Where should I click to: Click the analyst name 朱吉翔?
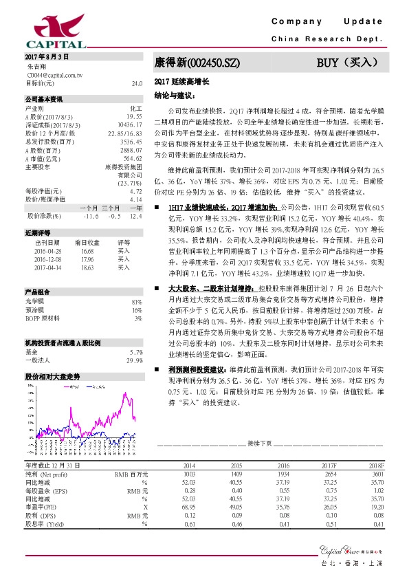click(35, 66)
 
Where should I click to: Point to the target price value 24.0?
click(136, 83)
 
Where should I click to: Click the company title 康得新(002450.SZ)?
click(197, 62)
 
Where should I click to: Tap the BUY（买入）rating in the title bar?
click(348, 62)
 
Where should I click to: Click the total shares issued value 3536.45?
click(130, 140)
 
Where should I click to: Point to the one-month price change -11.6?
click(90, 215)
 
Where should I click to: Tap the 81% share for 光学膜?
click(136, 302)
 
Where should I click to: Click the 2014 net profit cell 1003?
click(188, 474)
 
